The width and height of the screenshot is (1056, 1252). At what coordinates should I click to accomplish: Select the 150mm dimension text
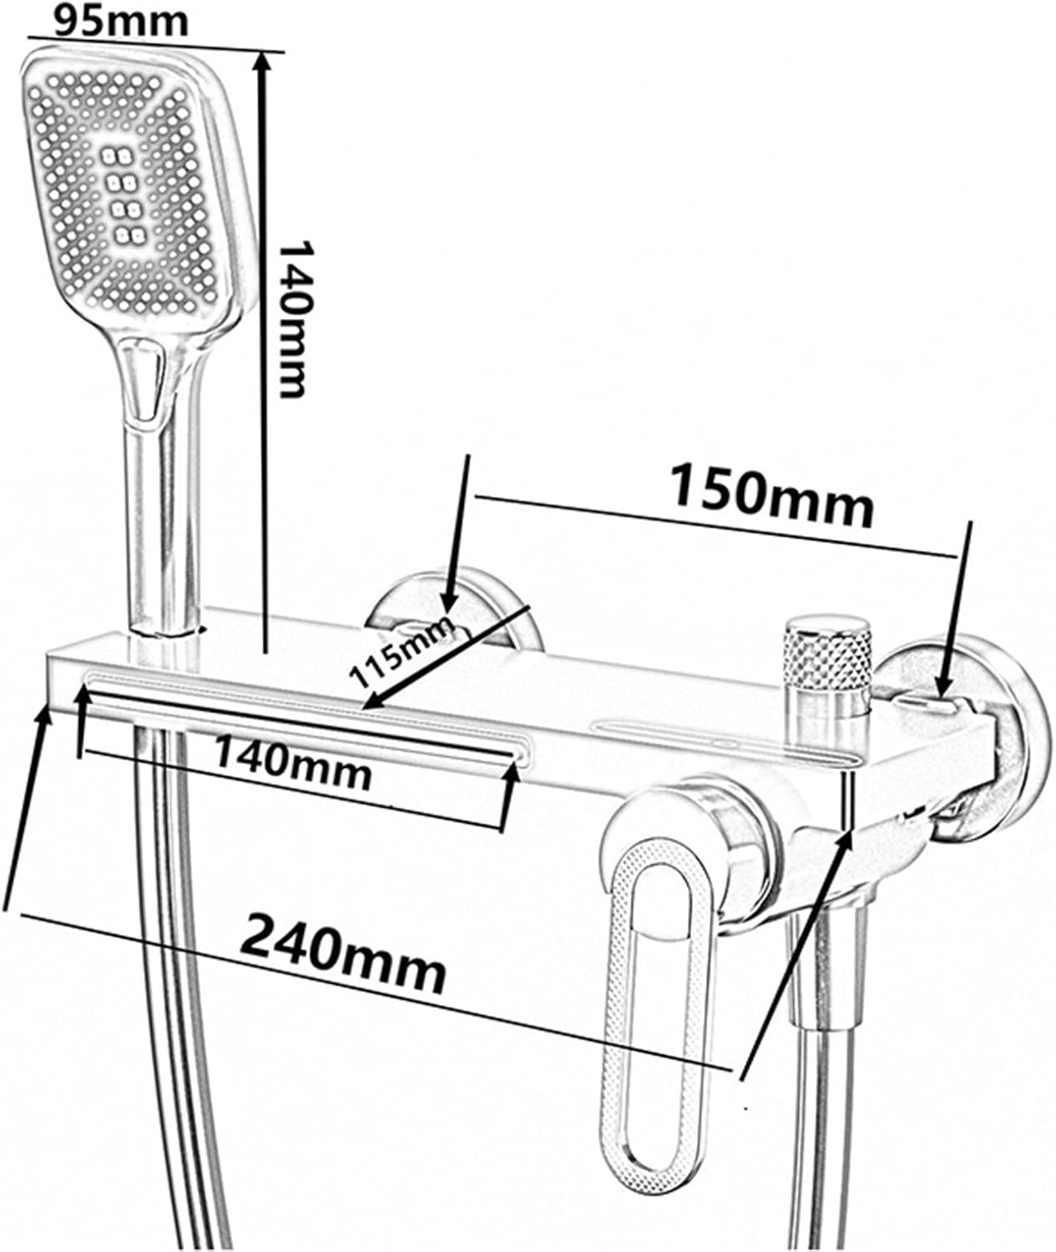pos(771,495)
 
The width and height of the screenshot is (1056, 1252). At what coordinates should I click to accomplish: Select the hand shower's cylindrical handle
pos(163,528)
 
